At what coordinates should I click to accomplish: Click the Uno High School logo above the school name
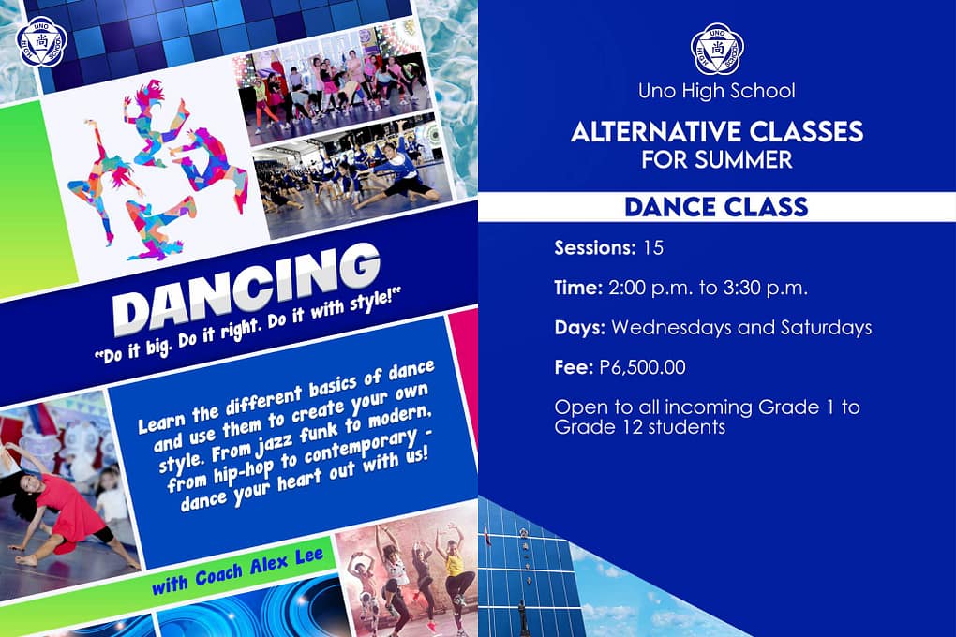point(718,49)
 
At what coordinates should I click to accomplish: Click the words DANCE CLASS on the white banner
point(716,207)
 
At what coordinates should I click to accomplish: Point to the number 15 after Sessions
point(652,248)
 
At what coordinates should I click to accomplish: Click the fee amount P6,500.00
point(643,367)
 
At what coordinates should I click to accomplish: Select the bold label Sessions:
point(595,248)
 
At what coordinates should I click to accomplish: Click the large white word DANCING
point(246,289)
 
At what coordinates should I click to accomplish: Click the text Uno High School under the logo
point(716,91)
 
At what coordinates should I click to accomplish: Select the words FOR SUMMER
point(716,159)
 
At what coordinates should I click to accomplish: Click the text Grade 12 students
point(639,427)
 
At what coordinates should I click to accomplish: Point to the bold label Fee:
point(574,367)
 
